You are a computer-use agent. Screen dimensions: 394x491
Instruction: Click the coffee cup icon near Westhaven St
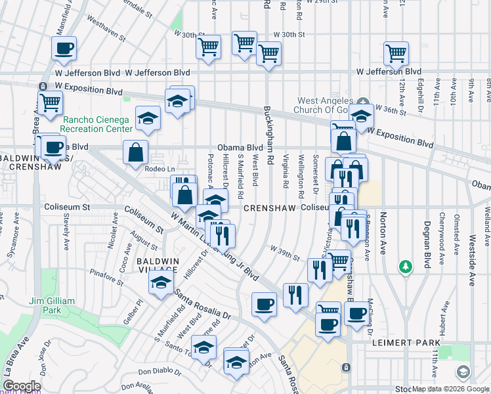(64, 48)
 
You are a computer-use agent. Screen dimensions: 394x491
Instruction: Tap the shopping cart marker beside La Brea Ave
(49, 102)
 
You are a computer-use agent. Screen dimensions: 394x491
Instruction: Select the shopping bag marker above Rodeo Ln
(135, 152)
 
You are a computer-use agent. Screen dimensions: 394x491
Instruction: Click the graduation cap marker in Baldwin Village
(159, 283)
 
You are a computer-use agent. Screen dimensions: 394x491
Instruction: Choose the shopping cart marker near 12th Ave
(396, 53)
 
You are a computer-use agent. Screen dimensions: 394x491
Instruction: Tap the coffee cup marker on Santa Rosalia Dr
(264, 304)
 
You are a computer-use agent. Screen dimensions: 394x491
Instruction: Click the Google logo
(22, 386)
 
